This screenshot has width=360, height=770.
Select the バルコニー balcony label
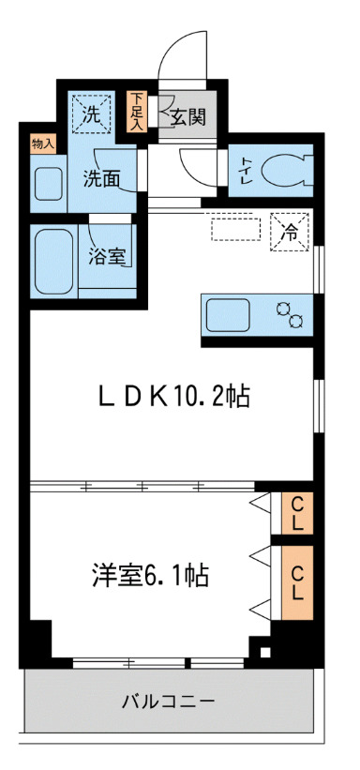coord(170,701)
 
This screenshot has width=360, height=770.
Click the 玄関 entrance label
coord(187,117)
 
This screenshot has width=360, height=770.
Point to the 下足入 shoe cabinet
coord(138,110)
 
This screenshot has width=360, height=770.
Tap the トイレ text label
coord(245,171)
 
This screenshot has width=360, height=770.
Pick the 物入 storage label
coord(43,143)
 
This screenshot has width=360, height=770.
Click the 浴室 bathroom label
coord(108,256)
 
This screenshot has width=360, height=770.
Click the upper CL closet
coord(296,513)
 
